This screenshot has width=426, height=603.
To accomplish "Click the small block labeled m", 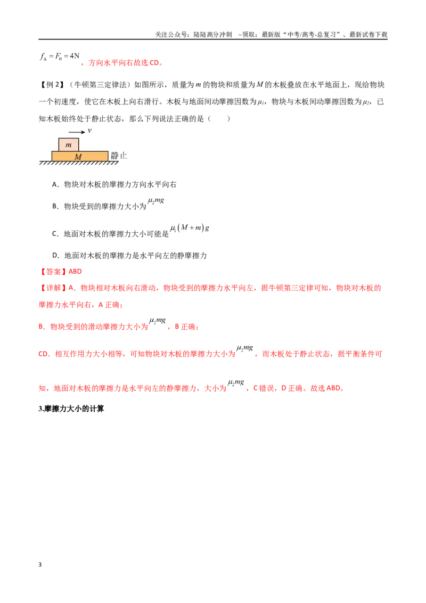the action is point(69,144).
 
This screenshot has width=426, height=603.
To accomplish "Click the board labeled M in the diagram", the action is point(79,156).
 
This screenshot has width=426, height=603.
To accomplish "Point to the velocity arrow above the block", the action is point(77,132).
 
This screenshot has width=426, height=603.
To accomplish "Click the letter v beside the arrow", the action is point(89,131).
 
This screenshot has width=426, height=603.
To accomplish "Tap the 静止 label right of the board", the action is point(119,156).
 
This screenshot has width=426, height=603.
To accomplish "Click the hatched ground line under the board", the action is point(79,163).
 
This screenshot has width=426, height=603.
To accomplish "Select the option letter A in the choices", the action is point(55,185).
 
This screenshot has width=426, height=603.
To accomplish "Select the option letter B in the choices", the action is point(55,207).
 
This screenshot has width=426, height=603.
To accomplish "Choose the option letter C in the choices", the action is point(55,234).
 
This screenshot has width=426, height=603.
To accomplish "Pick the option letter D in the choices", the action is point(55,256).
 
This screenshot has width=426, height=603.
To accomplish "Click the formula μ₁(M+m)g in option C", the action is point(190,228).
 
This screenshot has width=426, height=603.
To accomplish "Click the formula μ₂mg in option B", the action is point(155,201).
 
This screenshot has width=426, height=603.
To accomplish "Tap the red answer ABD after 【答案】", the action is point(75,272).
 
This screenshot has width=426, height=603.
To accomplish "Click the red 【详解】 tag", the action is point(53,288).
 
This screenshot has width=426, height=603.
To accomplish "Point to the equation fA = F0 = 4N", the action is point(60,56).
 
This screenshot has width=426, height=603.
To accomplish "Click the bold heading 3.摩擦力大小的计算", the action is point(71,409).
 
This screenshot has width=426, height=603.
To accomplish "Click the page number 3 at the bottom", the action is point(40,565).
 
